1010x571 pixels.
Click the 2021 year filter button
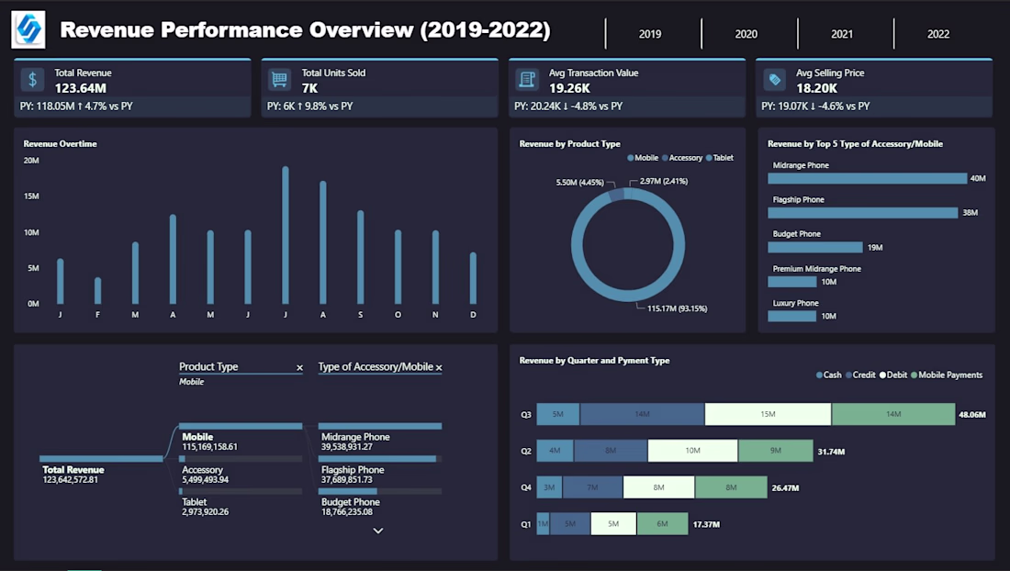[842, 34]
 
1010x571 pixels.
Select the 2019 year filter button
[650, 34]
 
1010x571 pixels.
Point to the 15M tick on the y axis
[31, 196]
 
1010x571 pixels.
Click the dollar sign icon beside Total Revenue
[33, 80]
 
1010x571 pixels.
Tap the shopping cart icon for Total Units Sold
[279, 80]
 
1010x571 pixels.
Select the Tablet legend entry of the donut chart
[719, 158]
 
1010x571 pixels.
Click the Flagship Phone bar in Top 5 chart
[862, 213]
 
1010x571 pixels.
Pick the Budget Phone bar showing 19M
[815, 247]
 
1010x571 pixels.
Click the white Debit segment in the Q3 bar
[768, 415]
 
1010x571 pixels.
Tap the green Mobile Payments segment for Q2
[775, 451]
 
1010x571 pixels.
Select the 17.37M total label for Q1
[707, 524]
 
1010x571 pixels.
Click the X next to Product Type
[299, 367]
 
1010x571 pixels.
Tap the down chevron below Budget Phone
[377, 531]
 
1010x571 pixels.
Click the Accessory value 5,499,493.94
[205, 479]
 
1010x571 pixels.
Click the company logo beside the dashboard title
[28, 30]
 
